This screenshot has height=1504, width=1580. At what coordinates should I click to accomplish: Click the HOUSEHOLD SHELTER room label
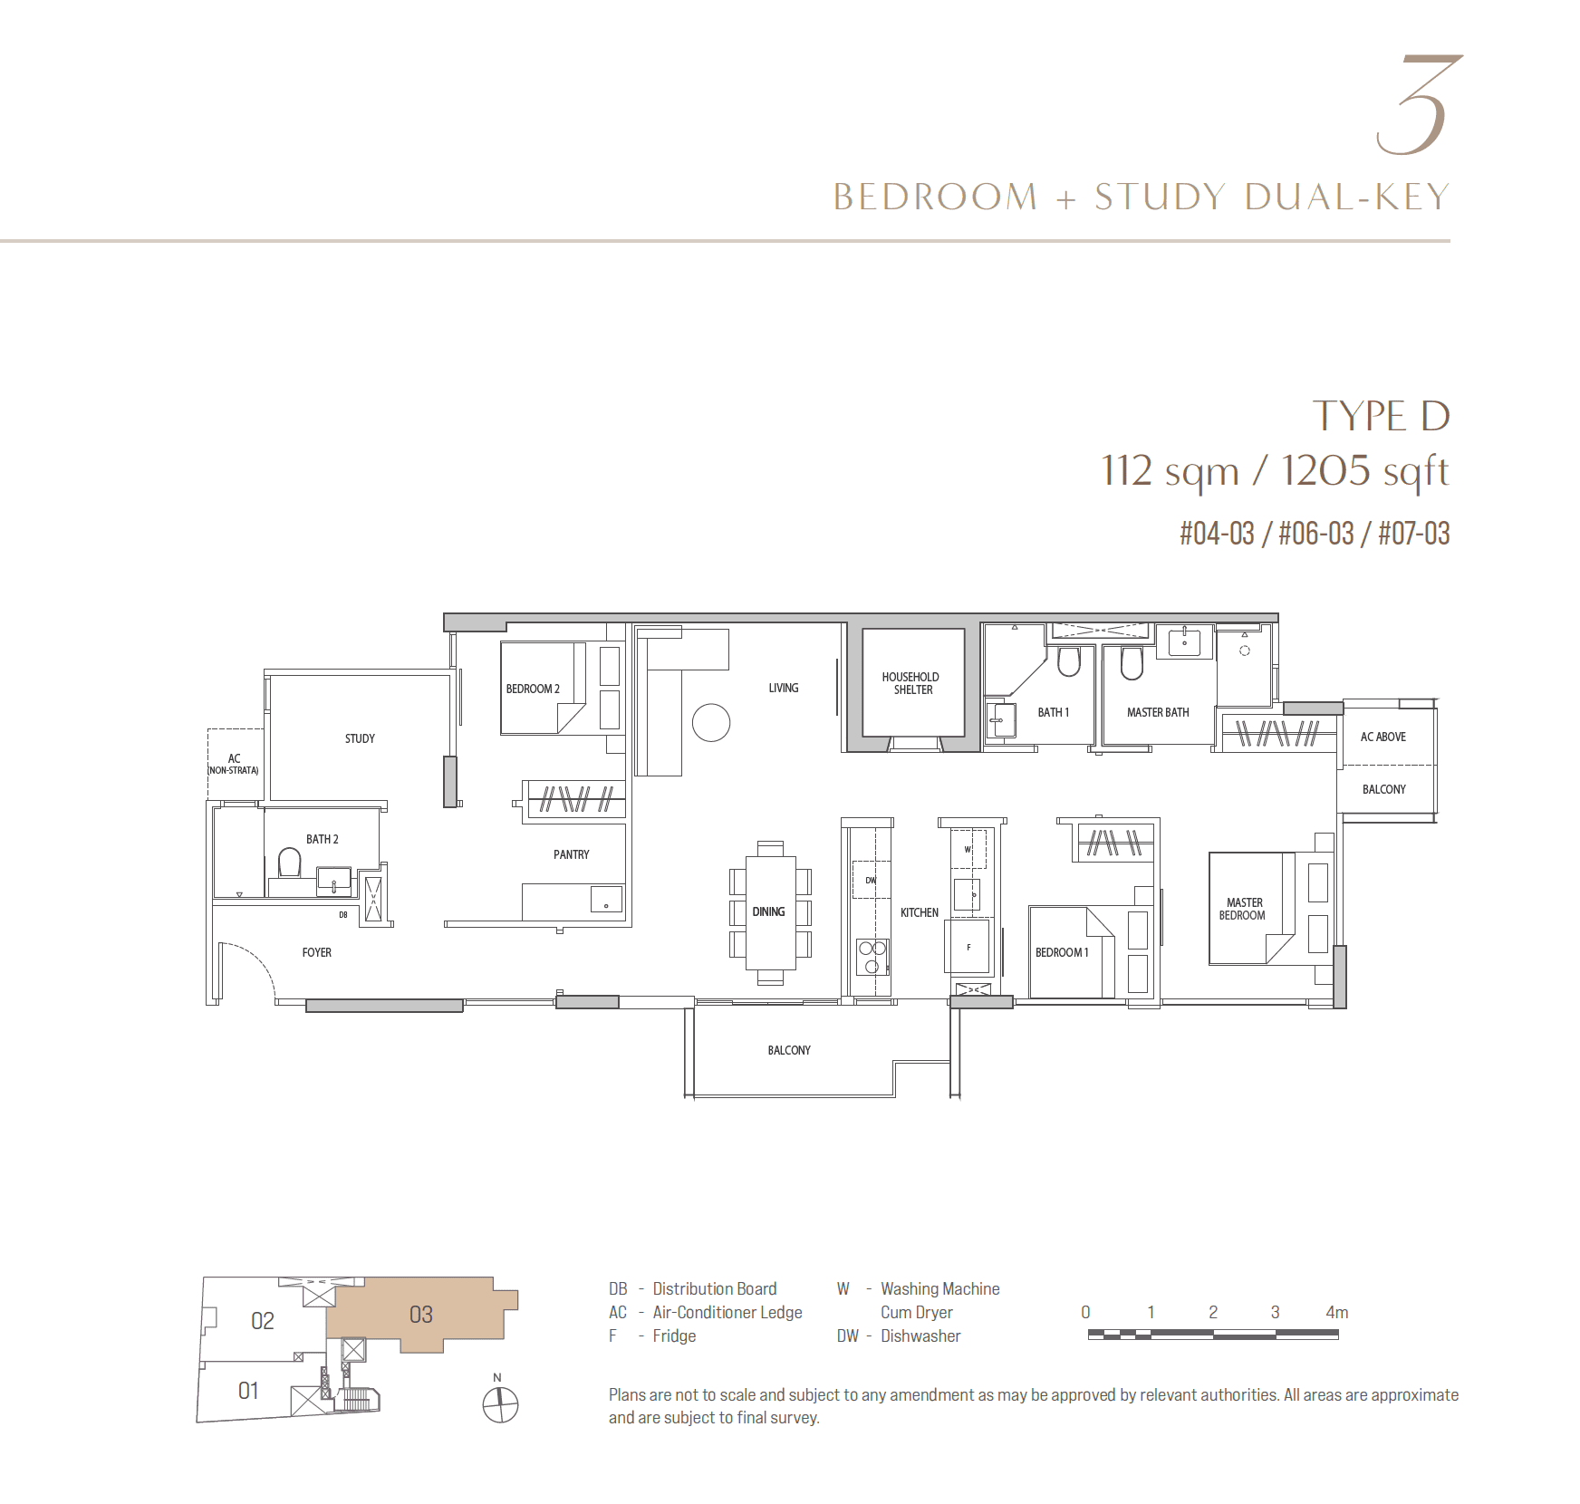click(x=910, y=683)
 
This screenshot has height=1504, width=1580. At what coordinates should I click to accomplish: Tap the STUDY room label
click(x=360, y=738)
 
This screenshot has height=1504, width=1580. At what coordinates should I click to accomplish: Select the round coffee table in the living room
click(x=711, y=723)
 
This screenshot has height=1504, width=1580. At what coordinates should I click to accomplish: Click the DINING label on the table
click(x=768, y=911)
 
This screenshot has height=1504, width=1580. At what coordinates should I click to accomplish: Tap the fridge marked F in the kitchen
click(x=968, y=947)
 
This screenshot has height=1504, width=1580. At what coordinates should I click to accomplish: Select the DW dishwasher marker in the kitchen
click(x=871, y=880)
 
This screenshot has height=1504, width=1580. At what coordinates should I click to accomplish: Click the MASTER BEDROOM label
click(x=1243, y=909)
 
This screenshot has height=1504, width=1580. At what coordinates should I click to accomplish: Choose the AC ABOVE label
click(x=1383, y=737)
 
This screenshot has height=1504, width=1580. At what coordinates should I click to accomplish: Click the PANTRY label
click(x=571, y=854)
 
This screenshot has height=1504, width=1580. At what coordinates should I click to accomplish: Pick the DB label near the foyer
click(x=343, y=915)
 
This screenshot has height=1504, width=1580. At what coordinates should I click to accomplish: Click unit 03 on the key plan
click(x=421, y=1315)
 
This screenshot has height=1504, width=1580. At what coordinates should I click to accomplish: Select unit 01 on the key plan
click(x=248, y=1391)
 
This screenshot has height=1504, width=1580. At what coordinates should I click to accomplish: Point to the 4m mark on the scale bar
click(x=1337, y=1312)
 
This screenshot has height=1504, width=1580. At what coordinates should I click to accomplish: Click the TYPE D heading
click(x=1381, y=416)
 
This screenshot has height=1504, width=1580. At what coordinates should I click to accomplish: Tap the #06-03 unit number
click(x=1315, y=534)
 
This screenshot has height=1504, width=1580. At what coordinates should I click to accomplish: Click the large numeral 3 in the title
click(x=1419, y=104)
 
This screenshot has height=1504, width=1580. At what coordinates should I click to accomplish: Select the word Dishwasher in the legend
click(x=920, y=1335)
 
